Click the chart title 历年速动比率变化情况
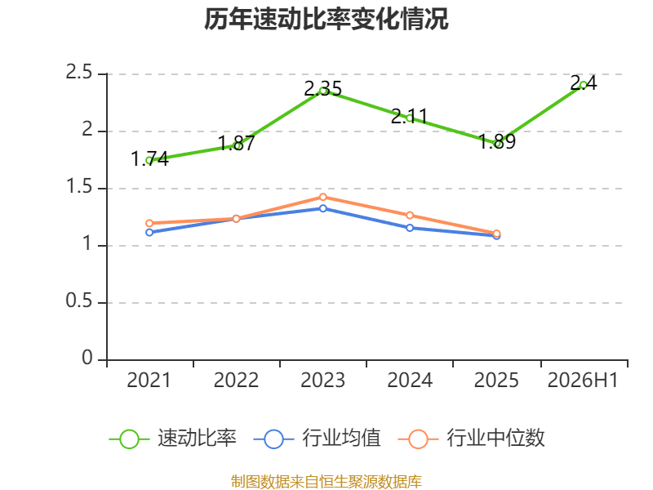[x=326, y=19]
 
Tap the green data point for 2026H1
[x=583, y=86]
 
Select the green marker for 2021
[x=149, y=160]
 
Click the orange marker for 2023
[x=323, y=197]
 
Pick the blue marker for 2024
[x=410, y=228]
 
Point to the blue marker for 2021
[x=149, y=233]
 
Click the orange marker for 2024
[x=410, y=216]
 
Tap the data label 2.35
[x=322, y=89]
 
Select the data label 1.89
[x=497, y=141]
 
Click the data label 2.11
[x=410, y=116]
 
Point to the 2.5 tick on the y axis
[x=78, y=73]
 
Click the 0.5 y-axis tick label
[x=78, y=301]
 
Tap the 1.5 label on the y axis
[x=78, y=187]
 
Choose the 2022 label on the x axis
[x=236, y=381]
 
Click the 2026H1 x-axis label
[x=583, y=381]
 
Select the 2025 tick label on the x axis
[x=496, y=381]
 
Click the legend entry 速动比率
[x=173, y=439]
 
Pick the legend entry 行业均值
[x=318, y=439]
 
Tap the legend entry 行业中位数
[x=472, y=439]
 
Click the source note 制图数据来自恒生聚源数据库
[x=326, y=482]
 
